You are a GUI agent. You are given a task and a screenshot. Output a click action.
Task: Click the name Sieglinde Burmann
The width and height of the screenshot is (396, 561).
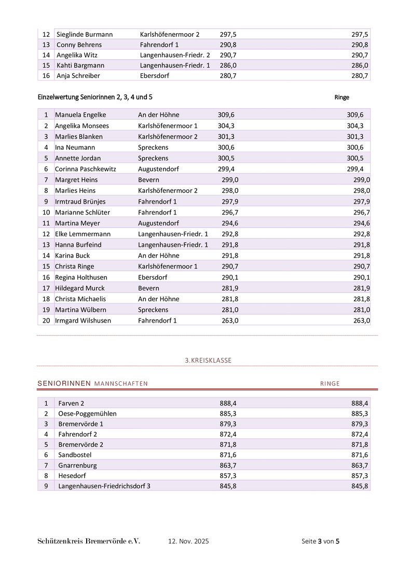pyautogui.click(x=85, y=34)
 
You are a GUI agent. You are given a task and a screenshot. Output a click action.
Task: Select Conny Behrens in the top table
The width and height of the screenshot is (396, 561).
pyautogui.click(x=79, y=45)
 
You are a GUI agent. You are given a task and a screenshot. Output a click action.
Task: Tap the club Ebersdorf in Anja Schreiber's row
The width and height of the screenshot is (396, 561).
pyautogui.click(x=155, y=76)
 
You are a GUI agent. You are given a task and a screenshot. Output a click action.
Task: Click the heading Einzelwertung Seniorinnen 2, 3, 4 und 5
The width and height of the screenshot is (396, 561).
pyautogui.click(x=95, y=97)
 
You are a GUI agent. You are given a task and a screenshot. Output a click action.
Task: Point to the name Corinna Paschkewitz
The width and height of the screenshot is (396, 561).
pyautogui.click(x=86, y=169)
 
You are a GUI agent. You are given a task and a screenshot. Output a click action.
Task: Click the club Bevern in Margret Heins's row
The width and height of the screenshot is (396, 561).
pyautogui.click(x=148, y=180)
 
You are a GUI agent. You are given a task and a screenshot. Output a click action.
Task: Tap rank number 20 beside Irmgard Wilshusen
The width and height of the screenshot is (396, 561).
pyautogui.click(x=46, y=320)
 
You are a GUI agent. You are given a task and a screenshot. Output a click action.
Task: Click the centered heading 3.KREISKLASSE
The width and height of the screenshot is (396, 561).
pyautogui.click(x=208, y=360)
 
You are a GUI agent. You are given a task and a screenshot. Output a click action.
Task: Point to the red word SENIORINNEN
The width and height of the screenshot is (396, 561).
pyautogui.click(x=64, y=384)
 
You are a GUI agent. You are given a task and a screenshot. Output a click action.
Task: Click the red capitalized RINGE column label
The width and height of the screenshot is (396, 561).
pyautogui.click(x=330, y=384)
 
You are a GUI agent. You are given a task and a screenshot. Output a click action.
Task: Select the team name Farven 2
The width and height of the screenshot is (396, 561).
pyautogui.click(x=71, y=403)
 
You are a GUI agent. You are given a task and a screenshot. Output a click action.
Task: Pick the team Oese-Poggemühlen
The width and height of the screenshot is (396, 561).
pyautogui.click(x=87, y=413)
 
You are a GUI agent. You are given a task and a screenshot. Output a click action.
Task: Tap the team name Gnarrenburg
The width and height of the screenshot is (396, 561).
pyautogui.click(x=77, y=465)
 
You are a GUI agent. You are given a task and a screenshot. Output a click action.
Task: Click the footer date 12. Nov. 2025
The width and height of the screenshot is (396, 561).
pyautogui.click(x=188, y=541)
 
